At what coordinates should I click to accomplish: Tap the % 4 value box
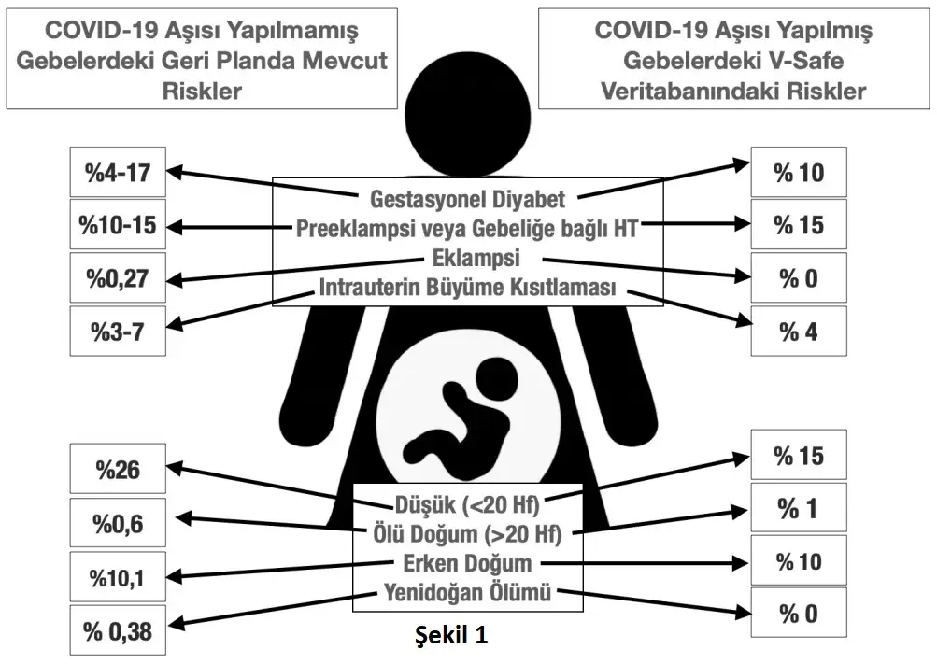(x=799, y=331)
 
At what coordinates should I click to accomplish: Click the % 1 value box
(x=799, y=508)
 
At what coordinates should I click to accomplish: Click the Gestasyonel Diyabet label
(x=467, y=199)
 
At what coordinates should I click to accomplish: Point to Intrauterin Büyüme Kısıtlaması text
(x=467, y=288)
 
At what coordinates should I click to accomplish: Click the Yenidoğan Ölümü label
(x=467, y=591)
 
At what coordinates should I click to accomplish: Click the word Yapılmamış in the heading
(x=305, y=31)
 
